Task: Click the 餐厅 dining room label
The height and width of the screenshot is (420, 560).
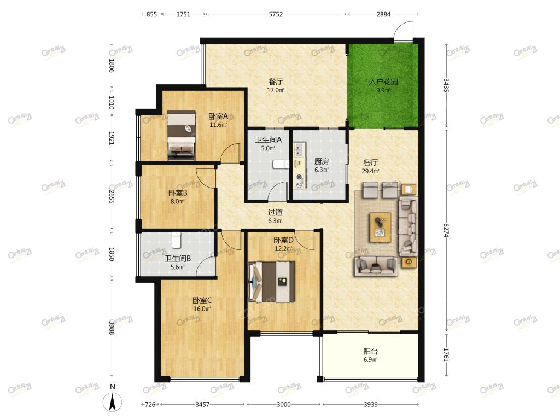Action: tap(276, 82)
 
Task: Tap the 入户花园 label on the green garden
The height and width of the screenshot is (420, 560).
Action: tap(383, 82)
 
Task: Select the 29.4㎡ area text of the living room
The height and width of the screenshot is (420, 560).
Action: tap(370, 171)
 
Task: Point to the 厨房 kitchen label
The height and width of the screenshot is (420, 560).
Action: tap(322, 161)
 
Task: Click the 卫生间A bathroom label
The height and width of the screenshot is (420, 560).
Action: tap(268, 139)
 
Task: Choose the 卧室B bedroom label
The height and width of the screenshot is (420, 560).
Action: tap(178, 193)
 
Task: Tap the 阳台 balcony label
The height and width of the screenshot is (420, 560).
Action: tap(370, 352)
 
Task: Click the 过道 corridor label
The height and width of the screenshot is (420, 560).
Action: tap(275, 212)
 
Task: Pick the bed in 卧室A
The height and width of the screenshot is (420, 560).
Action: tap(182, 135)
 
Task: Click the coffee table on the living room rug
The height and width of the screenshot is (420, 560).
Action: tap(381, 227)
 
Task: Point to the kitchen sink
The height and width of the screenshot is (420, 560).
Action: tap(299, 150)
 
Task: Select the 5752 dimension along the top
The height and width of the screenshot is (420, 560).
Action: tap(276, 14)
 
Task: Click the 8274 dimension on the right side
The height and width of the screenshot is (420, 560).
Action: tap(446, 230)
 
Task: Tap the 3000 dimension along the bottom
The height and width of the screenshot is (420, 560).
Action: tap(284, 404)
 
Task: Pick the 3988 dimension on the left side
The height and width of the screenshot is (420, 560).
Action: tap(112, 328)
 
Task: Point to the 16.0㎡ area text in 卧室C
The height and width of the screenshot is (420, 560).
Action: tap(202, 309)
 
